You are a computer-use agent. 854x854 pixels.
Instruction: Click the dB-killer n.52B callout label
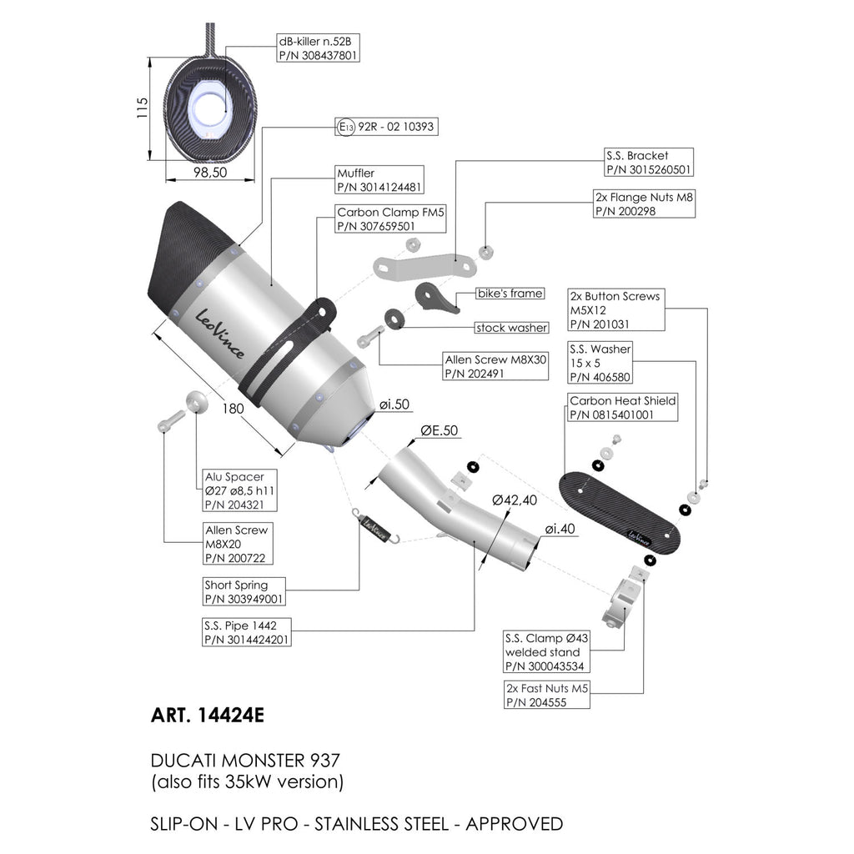tap(318, 48)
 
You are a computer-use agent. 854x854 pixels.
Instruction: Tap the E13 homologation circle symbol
tap(346, 127)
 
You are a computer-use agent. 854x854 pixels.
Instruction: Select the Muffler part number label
tap(379, 180)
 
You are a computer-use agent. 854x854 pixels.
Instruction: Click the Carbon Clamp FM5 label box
tap(390, 219)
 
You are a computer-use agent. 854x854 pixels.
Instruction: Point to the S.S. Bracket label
tap(649, 163)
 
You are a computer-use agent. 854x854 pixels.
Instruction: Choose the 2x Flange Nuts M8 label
tap(644, 203)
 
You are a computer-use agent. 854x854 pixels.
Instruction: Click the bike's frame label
tap(510, 294)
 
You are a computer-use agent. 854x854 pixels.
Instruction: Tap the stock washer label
tap(511, 328)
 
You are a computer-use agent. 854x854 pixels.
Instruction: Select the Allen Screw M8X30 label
tap(495, 367)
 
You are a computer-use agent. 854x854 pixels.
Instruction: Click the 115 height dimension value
tap(142, 108)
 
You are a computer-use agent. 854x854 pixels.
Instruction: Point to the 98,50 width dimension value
tap(210, 173)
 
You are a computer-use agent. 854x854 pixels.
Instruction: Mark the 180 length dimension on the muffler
tap(234, 409)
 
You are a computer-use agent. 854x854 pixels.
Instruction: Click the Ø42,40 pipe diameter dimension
tap(514, 500)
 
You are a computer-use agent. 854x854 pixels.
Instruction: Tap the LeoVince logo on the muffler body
tap(219, 334)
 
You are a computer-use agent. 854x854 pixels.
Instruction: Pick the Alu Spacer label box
tap(239, 490)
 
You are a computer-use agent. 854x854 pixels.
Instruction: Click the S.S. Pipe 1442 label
tap(246, 632)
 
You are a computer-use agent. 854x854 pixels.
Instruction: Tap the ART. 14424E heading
tap(208, 715)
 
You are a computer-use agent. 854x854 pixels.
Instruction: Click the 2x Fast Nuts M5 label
tap(547, 695)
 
